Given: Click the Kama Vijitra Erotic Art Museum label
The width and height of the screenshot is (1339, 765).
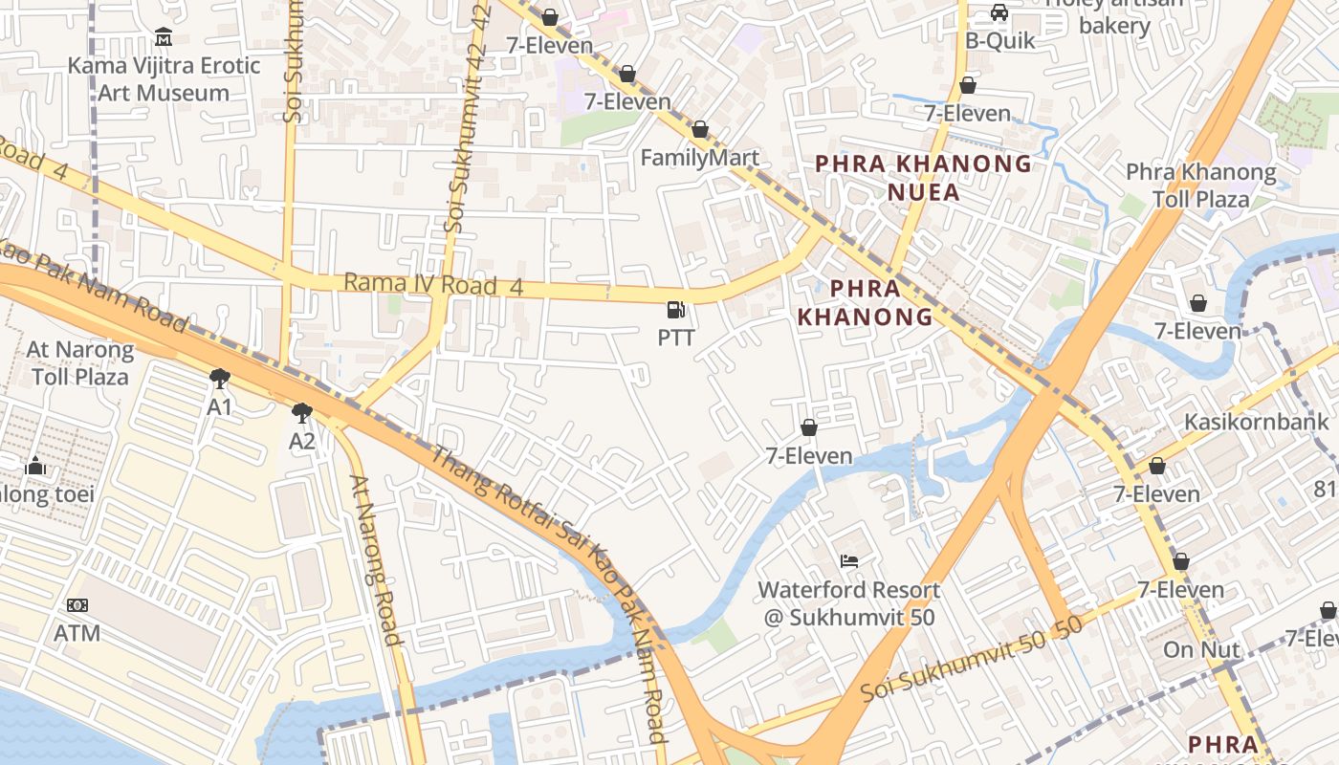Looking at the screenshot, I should coord(164,79).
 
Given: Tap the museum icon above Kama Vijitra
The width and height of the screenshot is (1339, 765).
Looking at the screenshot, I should coord(164,37).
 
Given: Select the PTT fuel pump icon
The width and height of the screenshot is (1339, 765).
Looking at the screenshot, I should coord(676,310).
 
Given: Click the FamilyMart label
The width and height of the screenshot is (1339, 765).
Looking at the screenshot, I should coord(700,158).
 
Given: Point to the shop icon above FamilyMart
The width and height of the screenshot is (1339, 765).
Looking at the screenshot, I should coord(700,129).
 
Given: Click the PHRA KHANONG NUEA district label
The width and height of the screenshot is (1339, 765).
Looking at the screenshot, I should coord(923,178).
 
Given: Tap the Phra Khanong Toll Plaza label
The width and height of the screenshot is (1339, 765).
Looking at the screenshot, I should coord(1200,186).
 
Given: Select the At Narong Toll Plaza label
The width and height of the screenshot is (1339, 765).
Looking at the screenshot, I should coord(80,362).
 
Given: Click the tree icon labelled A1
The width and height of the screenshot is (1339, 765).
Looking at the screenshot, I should coord(220,379).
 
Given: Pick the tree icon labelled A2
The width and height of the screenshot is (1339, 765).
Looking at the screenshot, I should coord(302,413).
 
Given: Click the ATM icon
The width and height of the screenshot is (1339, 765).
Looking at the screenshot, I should coord(77,605).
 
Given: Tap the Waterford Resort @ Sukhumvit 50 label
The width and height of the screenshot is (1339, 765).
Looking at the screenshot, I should coord(849,603).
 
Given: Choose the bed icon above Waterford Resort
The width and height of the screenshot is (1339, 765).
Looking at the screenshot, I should coord(848,560).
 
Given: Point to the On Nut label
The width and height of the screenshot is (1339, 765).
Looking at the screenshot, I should coord(1201,650).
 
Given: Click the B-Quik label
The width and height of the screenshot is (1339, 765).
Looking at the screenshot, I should coord(999,40).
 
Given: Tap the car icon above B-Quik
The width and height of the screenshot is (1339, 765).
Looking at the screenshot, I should coord(999,12).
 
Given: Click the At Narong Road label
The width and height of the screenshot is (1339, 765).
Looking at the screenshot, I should coord(375,560).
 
